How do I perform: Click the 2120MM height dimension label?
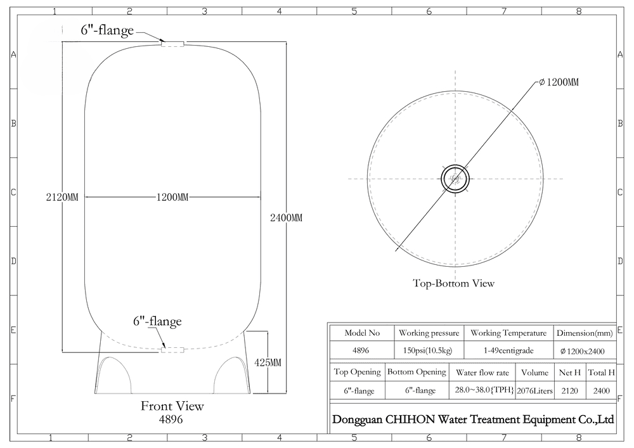point(62,197)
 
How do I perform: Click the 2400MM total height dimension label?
point(287,218)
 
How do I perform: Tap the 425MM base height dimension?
point(268,362)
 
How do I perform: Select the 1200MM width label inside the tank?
point(172,197)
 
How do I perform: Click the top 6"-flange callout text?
point(107,30)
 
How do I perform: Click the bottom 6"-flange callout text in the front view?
point(157,321)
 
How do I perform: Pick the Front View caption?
point(172,406)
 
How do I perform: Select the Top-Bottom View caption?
point(453,283)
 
